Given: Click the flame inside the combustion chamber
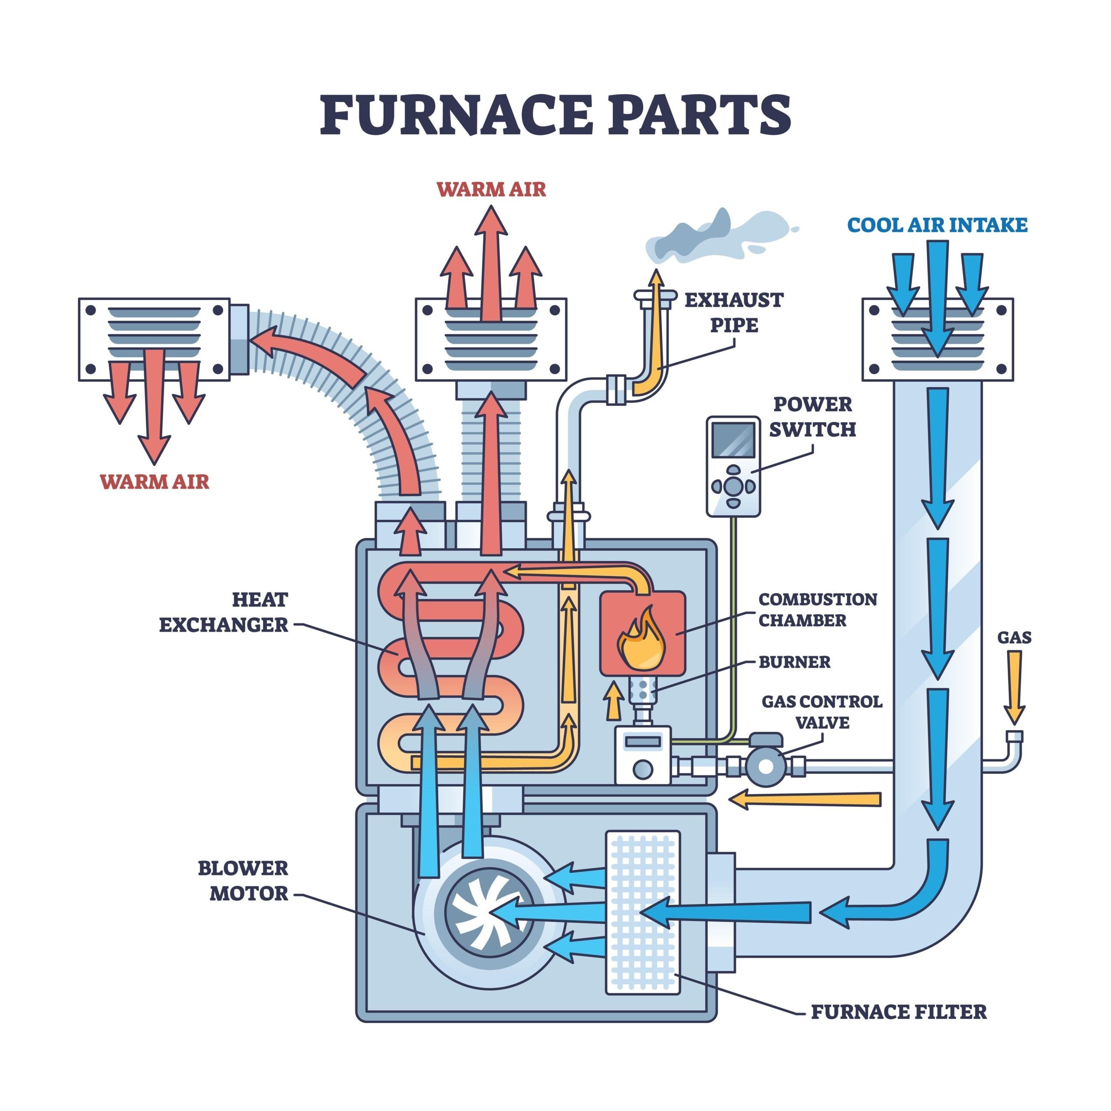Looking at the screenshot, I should [641, 640].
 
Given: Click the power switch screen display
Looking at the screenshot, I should [733, 440].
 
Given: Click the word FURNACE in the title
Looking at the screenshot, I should [454, 115].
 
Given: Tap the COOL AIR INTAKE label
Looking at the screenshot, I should [937, 225].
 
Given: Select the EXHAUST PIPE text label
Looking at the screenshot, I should [734, 312].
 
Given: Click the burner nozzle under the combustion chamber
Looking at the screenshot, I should [643, 690].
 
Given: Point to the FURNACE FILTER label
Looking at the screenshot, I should [898, 1012].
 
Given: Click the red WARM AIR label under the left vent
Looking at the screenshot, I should [154, 481].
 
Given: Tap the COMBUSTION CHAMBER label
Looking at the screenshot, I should [817, 610].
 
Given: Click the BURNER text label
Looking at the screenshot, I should [794, 662].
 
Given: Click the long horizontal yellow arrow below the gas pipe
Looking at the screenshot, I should [805, 799].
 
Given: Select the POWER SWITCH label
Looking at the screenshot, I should [812, 417].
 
